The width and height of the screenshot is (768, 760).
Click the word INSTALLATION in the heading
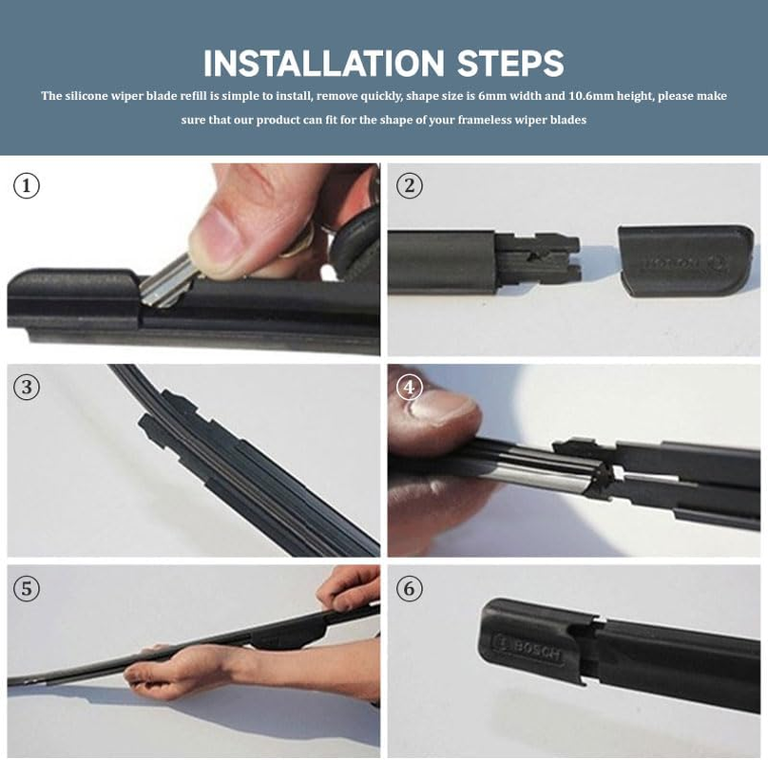coord(323,64)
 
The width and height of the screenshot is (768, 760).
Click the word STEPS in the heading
coord(510,64)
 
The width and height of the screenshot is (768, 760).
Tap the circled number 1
coord(27,185)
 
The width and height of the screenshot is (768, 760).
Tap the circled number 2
coord(409,185)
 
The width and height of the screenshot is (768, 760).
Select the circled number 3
coord(27,387)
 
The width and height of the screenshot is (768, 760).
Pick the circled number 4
coord(409,387)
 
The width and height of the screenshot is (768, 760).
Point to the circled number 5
coord(27,589)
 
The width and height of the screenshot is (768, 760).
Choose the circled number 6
coord(409,589)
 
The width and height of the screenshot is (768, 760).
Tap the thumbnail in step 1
coord(217,232)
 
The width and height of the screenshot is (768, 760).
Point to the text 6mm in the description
coord(493,96)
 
